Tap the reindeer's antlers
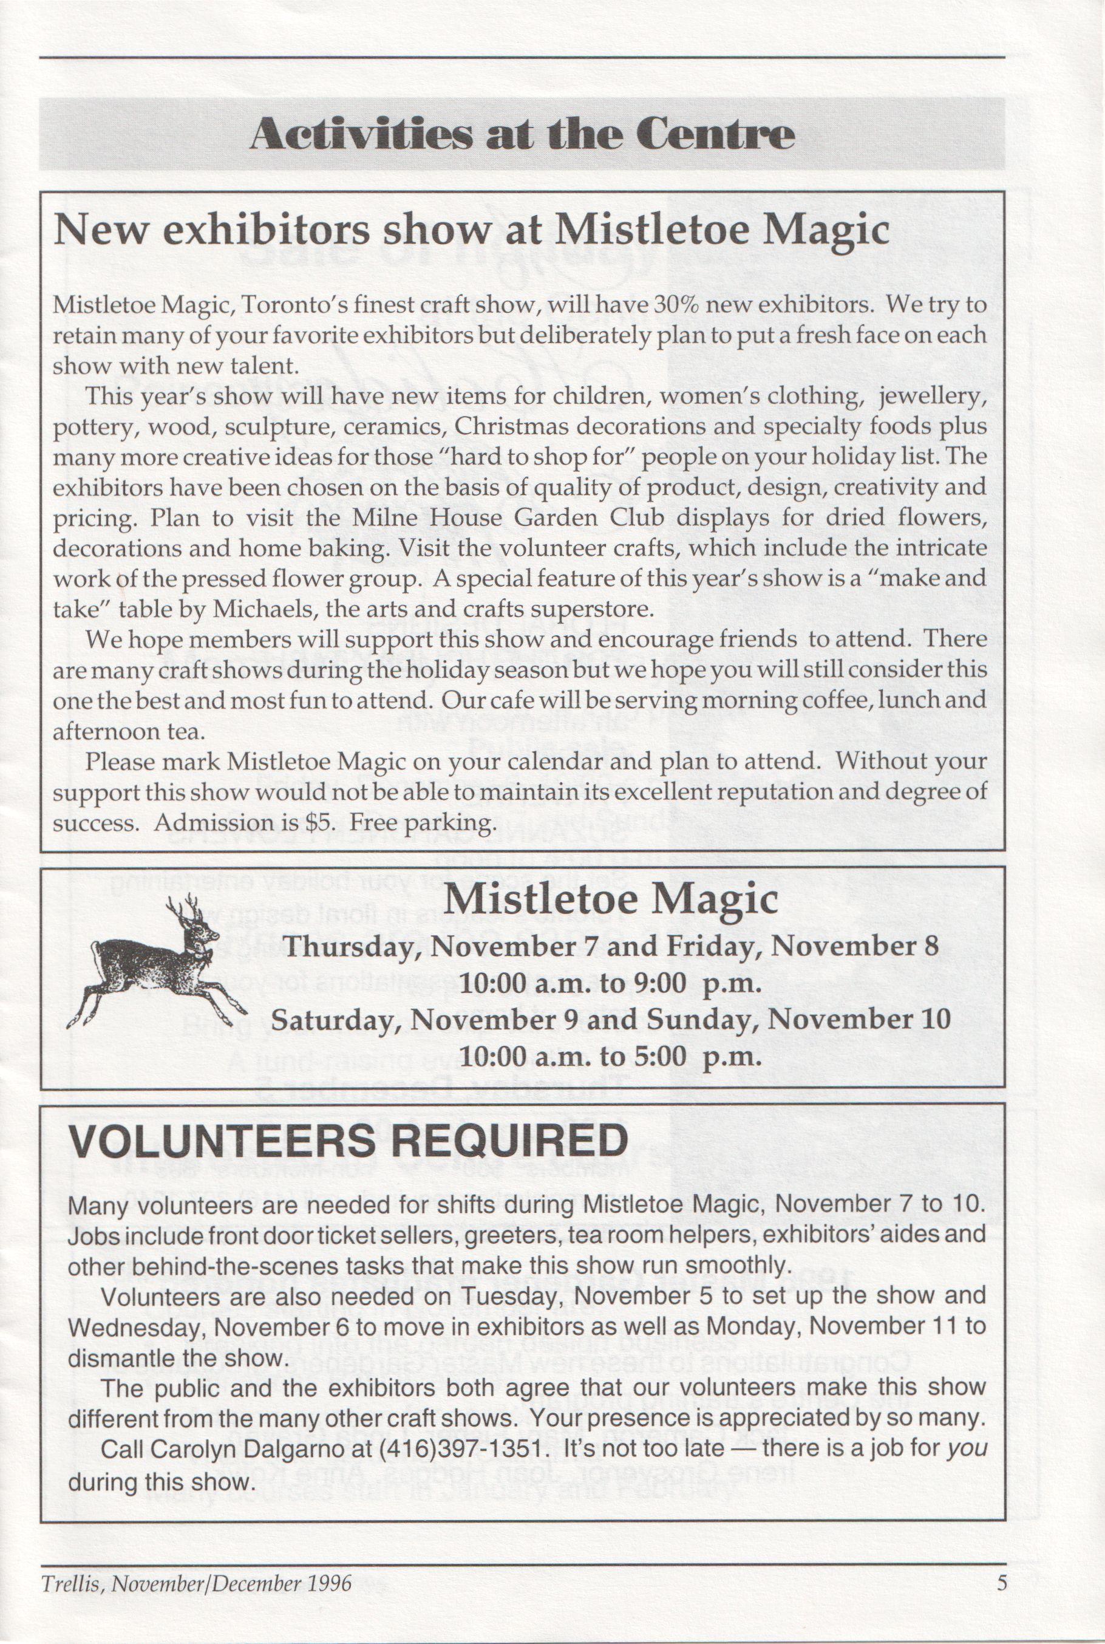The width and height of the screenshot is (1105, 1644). tap(187, 909)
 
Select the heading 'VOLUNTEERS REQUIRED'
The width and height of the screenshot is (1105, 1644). tap(347, 1140)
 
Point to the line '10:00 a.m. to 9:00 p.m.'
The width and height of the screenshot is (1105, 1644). tap(610, 983)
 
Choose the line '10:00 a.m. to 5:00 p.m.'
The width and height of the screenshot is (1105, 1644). tap(610, 1056)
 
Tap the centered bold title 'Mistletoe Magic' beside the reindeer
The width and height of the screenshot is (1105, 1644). tap(611, 900)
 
